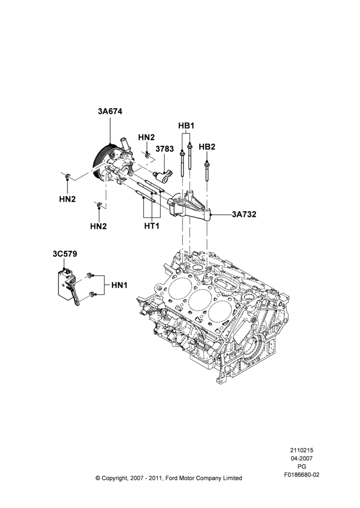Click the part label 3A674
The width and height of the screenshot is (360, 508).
[110, 111]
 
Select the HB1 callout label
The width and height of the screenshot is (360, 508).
[186, 125]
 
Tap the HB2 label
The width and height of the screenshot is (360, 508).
[207, 147]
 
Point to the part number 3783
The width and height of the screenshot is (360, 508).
[165, 149]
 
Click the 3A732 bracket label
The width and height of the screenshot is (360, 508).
[244, 214]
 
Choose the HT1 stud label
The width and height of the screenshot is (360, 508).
[152, 226]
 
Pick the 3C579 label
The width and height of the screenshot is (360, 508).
[65, 254]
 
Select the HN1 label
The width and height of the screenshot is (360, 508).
[119, 285]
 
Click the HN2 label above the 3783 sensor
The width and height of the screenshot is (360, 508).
[146, 137]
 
